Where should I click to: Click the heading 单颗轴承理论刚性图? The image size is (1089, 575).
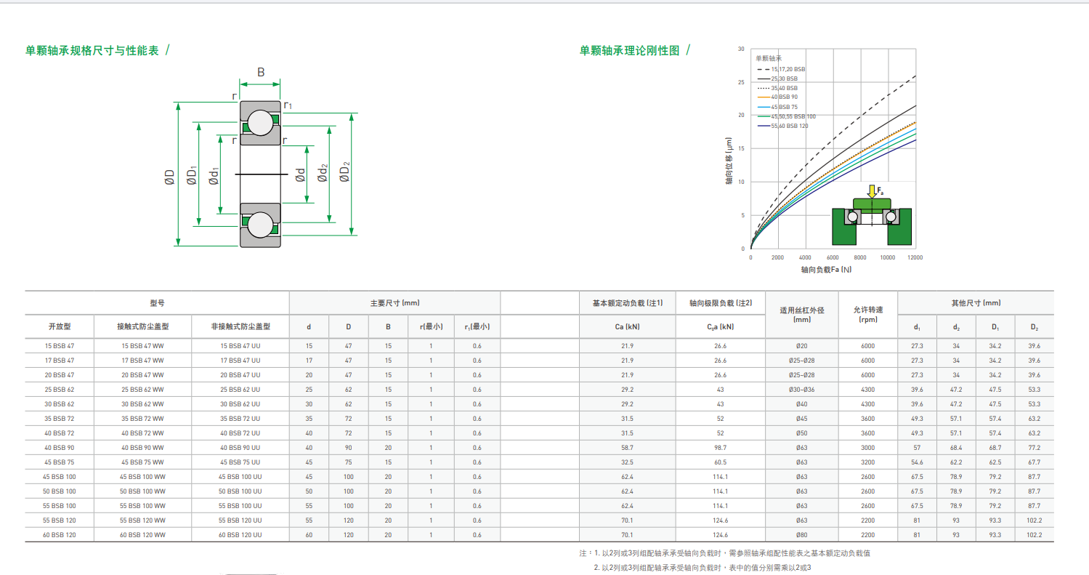click(x=629, y=50)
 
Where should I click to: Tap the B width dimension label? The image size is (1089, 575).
click(x=261, y=72)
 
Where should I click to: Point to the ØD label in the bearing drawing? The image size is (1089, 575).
click(x=169, y=177)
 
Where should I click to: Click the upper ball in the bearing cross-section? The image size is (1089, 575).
click(x=260, y=122)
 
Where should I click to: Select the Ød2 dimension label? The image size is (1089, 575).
click(x=323, y=174)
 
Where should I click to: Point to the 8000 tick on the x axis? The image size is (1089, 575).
click(x=860, y=257)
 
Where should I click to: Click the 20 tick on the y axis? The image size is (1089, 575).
click(x=741, y=115)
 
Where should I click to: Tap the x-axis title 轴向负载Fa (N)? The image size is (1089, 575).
click(x=826, y=269)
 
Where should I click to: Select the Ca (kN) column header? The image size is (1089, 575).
click(x=627, y=326)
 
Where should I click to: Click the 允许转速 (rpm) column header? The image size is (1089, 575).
click(x=868, y=314)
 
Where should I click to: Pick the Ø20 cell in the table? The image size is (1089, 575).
click(x=801, y=346)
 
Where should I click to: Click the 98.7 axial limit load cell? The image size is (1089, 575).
click(x=720, y=447)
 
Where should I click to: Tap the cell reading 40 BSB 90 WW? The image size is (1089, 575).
click(x=142, y=447)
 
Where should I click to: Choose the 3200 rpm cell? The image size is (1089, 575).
click(x=868, y=462)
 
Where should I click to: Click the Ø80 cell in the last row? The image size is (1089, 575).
click(x=801, y=534)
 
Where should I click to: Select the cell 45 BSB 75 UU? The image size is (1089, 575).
click(x=240, y=462)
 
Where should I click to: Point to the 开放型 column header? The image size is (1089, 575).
click(x=60, y=326)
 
